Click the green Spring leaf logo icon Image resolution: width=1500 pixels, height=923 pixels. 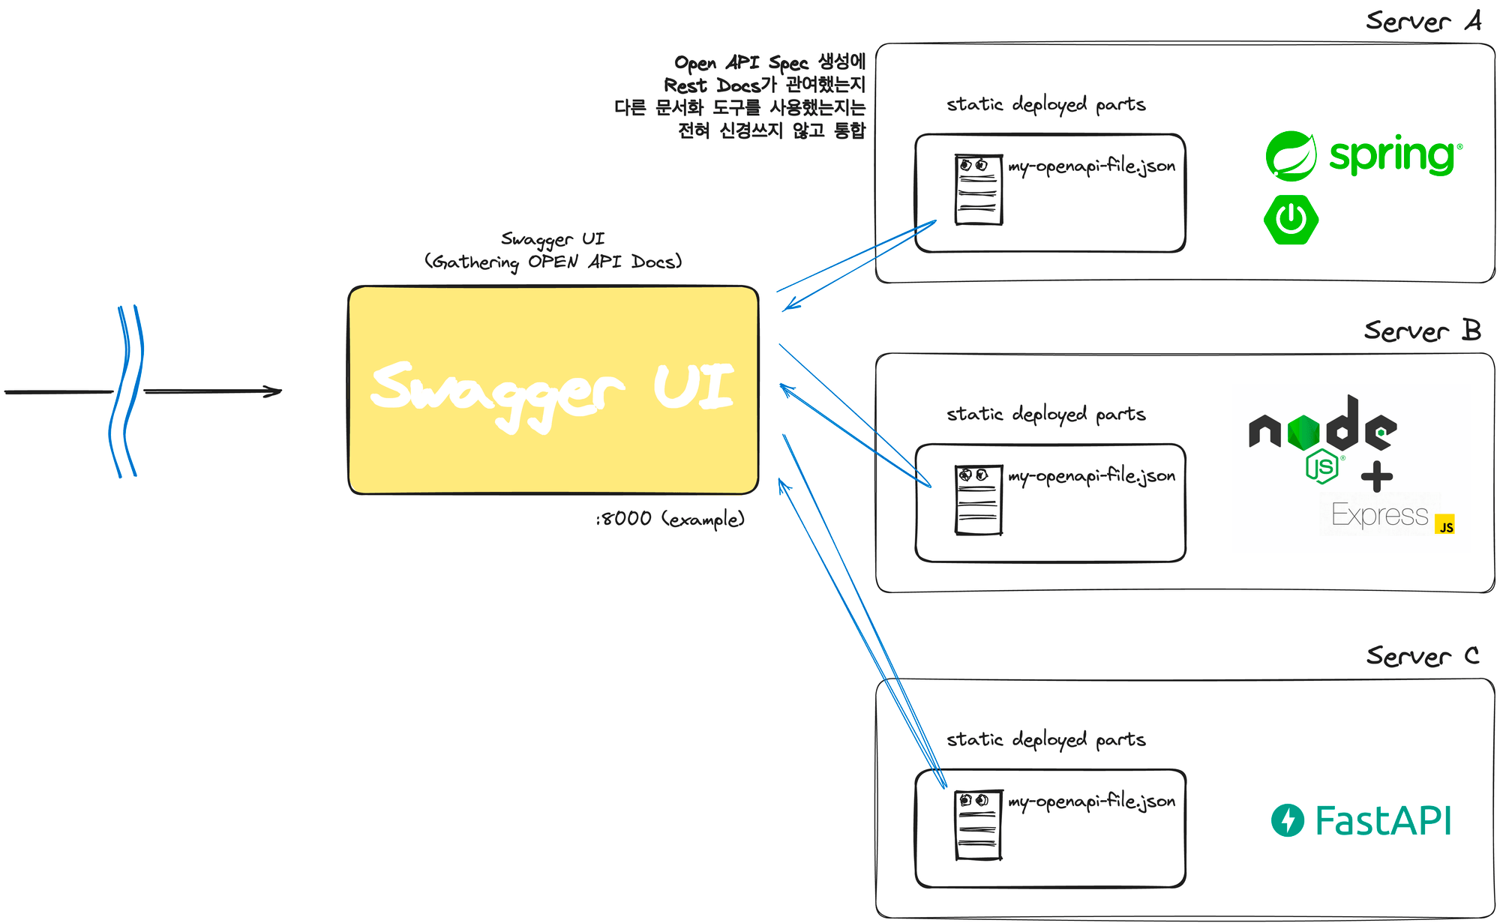(1291, 156)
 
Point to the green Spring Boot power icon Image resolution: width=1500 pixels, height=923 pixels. (1291, 220)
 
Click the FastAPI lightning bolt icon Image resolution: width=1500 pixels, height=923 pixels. (1288, 820)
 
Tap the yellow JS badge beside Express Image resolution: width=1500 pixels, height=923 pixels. (1444, 524)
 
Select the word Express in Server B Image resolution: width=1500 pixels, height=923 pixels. (1379, 515)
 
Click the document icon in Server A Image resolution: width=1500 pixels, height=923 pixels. (978, 190)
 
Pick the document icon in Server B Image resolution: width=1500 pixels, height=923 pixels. (978, 500)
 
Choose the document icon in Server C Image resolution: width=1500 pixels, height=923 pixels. (978, 826)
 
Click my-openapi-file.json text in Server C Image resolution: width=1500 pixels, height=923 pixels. (1091, 802)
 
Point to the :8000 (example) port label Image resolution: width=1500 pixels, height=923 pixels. (670, 519)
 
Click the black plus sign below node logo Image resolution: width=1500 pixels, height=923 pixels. (1377, 476)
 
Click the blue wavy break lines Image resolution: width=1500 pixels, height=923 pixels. (126, 391)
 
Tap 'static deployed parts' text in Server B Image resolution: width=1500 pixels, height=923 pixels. (1045, 414)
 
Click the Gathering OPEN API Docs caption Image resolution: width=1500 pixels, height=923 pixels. (553, 262)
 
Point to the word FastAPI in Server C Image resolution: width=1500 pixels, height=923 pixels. (1383, 820)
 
